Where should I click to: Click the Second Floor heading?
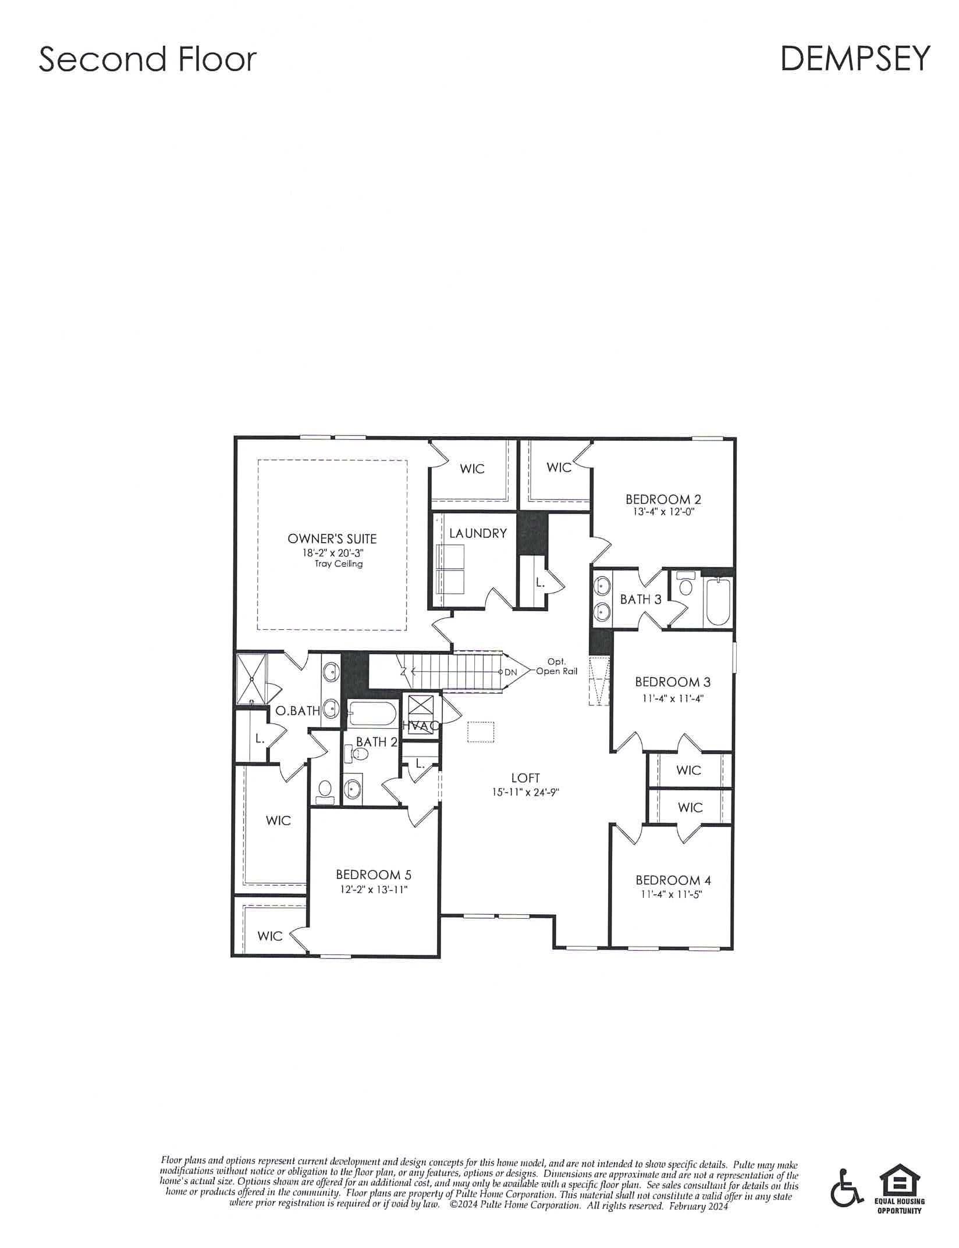pyautogui.click(x=147, y=60)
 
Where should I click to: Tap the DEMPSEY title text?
pyautogui.click(x=855, y=59)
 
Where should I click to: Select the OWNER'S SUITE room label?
pyautogui.click(x=332, y=539)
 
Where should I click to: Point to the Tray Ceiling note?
pyautogui.click(x=339, y=564)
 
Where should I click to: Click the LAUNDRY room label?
pyautogui.click(x=478, y=533)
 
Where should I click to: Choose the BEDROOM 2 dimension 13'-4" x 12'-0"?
pyautogui.click(x=663, y=512)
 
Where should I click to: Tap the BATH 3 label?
pyautogui.click(x=641, y=600)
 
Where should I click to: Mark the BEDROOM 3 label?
pyautogui.click(x=673, y=682)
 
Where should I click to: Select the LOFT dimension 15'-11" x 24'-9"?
pyautogui.click(x=525, y=791)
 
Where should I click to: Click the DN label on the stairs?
pyautogui.click(x=510, y=672)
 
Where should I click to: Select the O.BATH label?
pyautogui.click(x=297, y=711)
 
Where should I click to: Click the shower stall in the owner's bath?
pyautogui.click(x=251, y=678)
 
